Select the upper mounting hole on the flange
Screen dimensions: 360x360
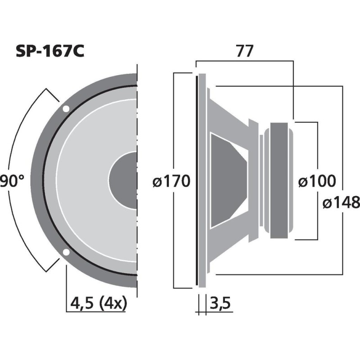point(66,108)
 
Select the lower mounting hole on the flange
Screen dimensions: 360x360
point(66,252)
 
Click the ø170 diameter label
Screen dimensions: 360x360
point(171,181)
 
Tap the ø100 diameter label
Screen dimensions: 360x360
point(317,181)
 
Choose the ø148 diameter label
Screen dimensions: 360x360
point(341,202)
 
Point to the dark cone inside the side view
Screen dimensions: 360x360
point(227,180)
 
